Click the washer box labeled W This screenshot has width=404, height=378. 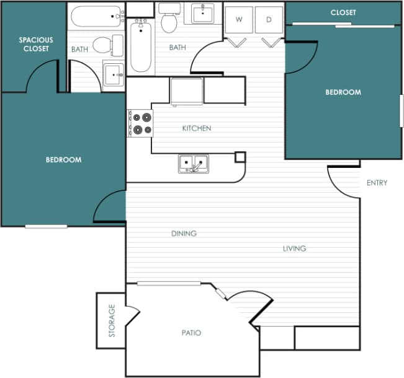238,19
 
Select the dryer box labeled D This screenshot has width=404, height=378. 269,19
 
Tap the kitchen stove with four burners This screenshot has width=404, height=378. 140,123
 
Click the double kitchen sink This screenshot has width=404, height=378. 194,164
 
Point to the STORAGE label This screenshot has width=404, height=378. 112,320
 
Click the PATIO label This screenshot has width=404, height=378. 192,333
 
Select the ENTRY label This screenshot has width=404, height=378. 377,183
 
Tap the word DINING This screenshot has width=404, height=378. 184,234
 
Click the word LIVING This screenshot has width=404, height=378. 294,248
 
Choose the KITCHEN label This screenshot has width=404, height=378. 196,128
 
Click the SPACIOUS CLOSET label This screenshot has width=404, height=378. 36,44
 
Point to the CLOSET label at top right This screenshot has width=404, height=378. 343,12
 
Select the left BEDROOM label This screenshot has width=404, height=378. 63,160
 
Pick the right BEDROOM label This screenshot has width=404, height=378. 343,92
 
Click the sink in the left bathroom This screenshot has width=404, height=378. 114,74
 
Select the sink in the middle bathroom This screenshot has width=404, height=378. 202,13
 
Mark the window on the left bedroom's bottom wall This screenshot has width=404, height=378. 46,226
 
